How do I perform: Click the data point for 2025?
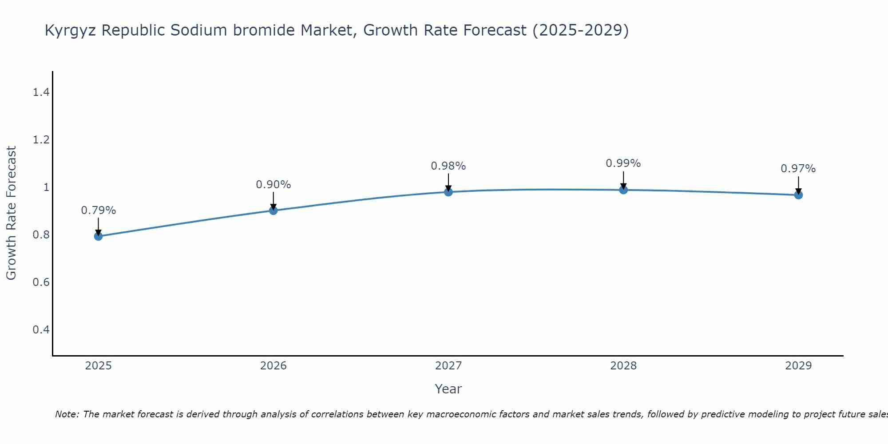[x=99, y=236]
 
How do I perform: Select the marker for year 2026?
[x=274, y=210]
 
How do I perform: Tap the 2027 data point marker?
[x=448, y=192]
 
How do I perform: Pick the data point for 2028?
[x=623, y=190]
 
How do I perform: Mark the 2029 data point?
[x=798, y=195]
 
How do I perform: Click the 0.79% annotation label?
[x=99, y=210]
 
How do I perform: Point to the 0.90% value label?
[x=274, y=185]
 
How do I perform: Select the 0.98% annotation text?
[x=448, y=166]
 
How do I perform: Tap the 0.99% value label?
[x=623, y=163]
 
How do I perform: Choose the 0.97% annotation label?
[x=798, y=169]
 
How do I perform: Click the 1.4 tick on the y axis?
[x=41, y=92]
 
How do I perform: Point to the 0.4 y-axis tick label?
[x=41, y=329]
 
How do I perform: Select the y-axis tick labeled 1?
[x=46, y=187]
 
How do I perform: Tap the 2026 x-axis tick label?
[x=274, y=366]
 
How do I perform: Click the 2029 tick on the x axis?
[x=798, y=366]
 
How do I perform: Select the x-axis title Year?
[x=448, y=389]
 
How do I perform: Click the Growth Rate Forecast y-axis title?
[x=11, y=213]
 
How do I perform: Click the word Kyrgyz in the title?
[x=71, y=31]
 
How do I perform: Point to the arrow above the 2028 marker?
[x=623, y=180]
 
